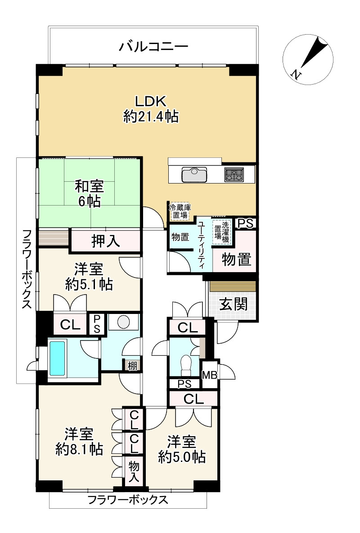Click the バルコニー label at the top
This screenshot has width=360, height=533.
coord(153,46)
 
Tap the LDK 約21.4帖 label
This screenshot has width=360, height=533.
coord(151,109)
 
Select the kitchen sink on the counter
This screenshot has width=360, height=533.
coord(194,174)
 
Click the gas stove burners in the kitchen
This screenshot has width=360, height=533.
coord(234,174)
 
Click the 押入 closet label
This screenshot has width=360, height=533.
coord(106,242)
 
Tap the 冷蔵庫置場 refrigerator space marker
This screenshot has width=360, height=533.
coord(180,211)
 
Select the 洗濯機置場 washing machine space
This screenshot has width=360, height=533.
coord(221,232)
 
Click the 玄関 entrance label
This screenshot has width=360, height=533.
coord(233,305)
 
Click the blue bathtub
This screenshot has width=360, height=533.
coord(57,358)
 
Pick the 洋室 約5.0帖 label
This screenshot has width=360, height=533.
coord(182,449)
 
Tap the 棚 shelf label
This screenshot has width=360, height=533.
coord(132,365)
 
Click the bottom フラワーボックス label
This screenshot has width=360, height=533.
coord(128,499)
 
